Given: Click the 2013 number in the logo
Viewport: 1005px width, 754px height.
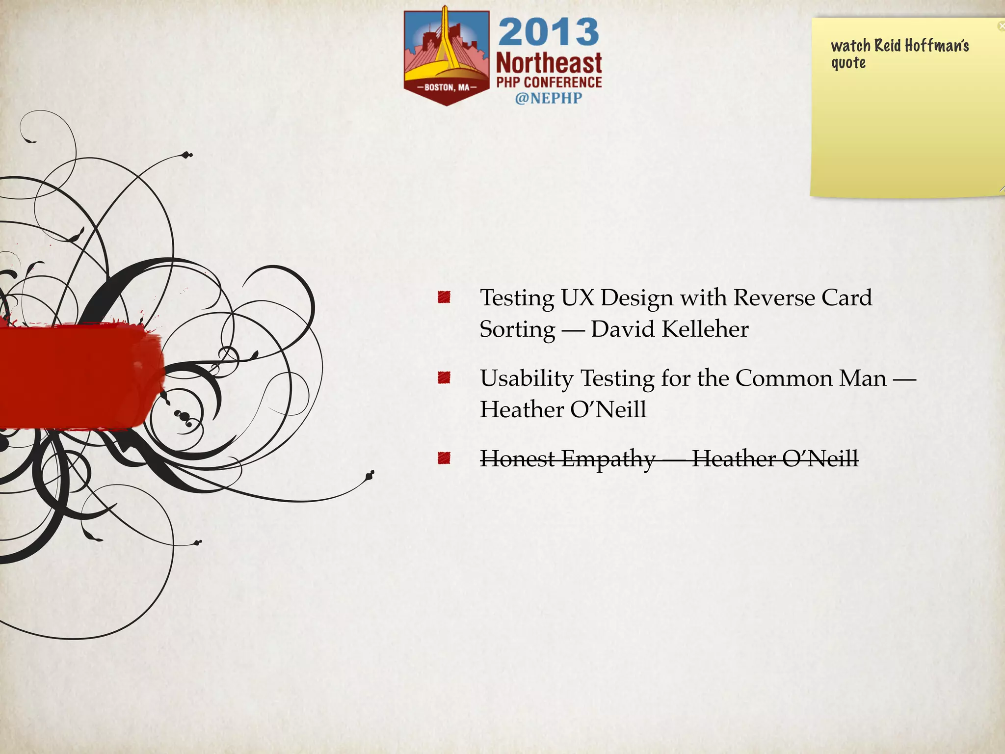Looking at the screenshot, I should [549, 32].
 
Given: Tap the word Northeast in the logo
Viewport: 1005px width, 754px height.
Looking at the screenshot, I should [549, 64].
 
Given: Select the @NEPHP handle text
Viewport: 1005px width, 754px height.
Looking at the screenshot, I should [548, 98].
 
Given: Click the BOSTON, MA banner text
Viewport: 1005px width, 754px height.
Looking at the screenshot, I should [447, 87].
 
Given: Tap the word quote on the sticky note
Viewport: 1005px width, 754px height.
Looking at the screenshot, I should [848, 63].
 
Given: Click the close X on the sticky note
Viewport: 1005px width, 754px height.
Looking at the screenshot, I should [1001, 26].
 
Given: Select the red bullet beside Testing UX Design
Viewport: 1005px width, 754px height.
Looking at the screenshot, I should [444, 297].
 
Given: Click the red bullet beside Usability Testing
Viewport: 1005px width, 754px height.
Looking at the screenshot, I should [444, 377].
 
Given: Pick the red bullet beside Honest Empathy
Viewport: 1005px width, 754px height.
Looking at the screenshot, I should [444, 458].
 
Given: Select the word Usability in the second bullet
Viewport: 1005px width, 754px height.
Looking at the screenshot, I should [526, 378].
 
